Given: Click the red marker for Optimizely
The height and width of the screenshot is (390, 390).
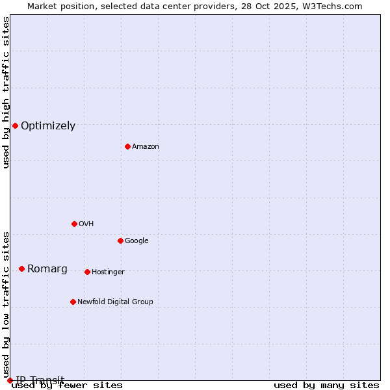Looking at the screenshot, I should point(15,125).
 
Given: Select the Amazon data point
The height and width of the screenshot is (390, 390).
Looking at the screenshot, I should point(127,146).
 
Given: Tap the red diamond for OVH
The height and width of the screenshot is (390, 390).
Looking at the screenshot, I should point(74,224).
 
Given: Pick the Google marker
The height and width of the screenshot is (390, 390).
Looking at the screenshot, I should point(120,240).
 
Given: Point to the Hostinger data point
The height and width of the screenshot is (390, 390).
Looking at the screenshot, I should point(87,272).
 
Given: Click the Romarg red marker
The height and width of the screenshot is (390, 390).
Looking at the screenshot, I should point(21,268).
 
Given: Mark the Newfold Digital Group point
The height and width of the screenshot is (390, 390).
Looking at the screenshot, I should point(73,302).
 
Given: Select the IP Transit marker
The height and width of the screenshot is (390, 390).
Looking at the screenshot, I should point(10,380).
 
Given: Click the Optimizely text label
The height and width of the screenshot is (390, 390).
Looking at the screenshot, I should point(48,126).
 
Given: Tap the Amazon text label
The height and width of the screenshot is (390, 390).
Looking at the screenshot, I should point(146,147).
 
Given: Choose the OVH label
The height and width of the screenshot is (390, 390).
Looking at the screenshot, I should point(86,224).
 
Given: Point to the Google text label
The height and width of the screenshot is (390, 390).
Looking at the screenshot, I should point(136,241).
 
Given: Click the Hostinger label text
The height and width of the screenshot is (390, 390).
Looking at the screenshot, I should point(108,272).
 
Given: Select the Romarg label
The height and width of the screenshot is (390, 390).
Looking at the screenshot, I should point(47,269).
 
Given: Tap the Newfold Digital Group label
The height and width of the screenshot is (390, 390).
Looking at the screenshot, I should point(115,302).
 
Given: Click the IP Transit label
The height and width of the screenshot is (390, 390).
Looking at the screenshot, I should point(40,380).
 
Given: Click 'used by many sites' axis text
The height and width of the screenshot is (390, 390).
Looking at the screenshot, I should point(326,385).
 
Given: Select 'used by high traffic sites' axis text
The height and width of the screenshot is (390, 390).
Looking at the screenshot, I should point(6,92).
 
